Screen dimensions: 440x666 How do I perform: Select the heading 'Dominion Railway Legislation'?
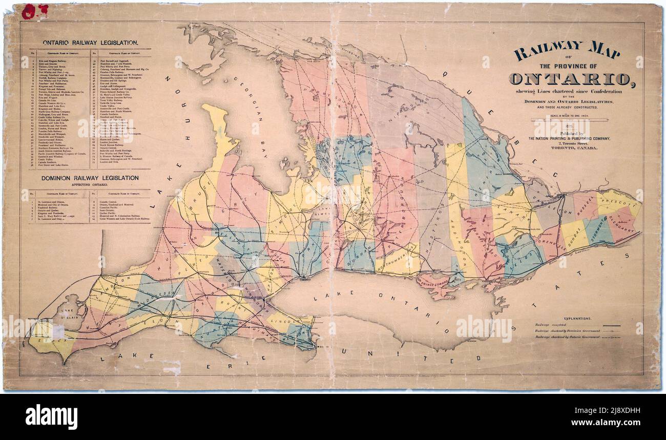click(x=83, y=178)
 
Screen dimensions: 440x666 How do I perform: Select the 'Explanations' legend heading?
click(x=577, y=318)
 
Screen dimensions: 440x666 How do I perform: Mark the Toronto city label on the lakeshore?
click(x=307, y=281)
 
